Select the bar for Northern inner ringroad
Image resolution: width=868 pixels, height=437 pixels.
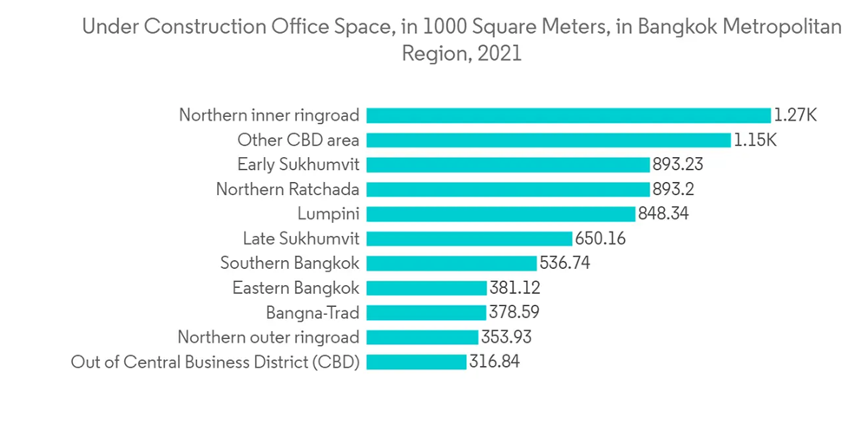click(x=569, y=115)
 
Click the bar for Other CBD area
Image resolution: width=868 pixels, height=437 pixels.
click(x=549, y=140)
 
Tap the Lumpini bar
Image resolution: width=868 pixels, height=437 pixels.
click(x=501, y=213)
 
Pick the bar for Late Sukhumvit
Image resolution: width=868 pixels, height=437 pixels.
click(x=470, y=238)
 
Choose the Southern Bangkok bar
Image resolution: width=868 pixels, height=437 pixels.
click(x=451, y=263)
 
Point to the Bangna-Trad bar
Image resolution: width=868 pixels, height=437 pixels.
click(x=426, y=312)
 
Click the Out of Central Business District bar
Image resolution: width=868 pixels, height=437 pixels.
click(x=417, y=362)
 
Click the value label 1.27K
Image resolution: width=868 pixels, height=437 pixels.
click(x=797, y=115)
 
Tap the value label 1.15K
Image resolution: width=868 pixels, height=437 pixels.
click(x=756, y=140)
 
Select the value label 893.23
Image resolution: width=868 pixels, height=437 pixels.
click(x=677, y=164)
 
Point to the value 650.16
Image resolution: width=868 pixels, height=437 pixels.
click(x=600, y=238)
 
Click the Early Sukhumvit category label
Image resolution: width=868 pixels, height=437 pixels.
click(x=299, y=164)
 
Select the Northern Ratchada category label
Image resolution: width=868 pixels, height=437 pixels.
click(x=287, y=189)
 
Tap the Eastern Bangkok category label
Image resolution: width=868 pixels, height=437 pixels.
click(x=296, y=288)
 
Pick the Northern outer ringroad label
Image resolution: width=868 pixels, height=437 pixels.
click(x=268, y=337)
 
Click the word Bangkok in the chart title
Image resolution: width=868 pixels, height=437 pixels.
click(x=673, y=28)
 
